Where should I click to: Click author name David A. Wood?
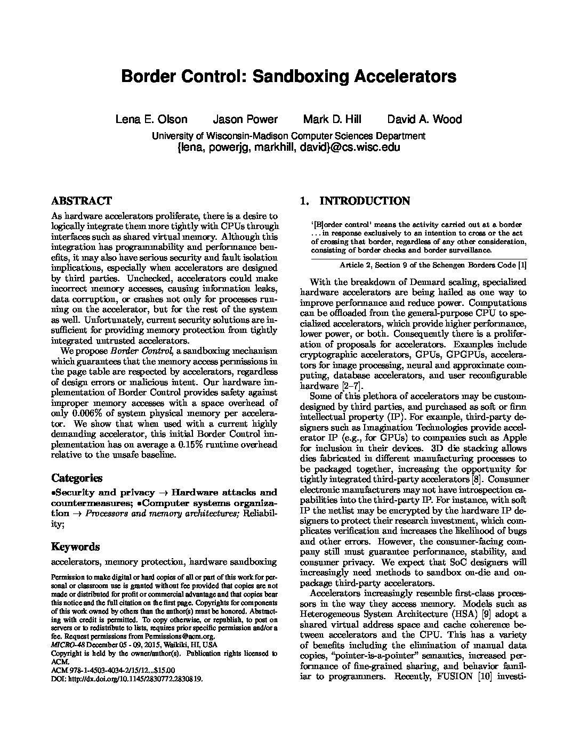(x=424, y=119)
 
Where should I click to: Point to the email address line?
(x=288, y=148)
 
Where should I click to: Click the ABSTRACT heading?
(x=81, y=201)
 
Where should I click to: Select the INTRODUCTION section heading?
(x=364, y=201)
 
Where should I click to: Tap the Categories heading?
(x=77, y=478)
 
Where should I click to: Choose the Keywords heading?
(x=75, y=547)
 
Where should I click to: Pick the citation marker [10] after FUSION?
(x=485, y=676)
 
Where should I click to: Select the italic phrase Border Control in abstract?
(x=141, y=351)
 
